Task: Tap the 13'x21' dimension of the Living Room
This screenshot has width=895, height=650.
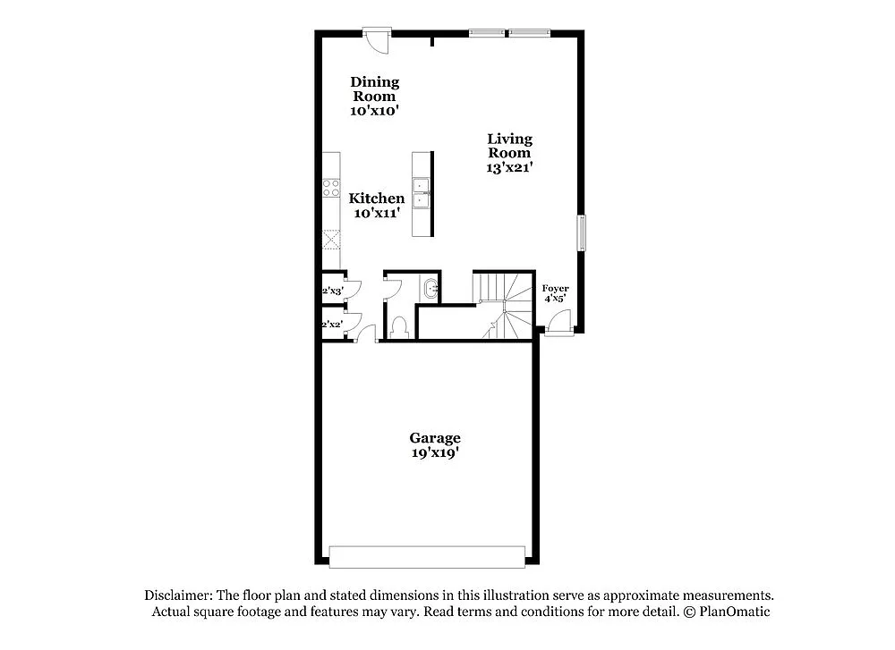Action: pyautogui.click(x=510, y=167)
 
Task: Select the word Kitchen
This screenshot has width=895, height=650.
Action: pyautogui.click(x=377, y=198)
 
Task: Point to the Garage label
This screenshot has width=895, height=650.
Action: pyautogui.click(x=435, y=438)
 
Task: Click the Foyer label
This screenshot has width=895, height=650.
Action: pyautogui.click(x=555, y=288)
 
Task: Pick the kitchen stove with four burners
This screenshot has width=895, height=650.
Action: pyautogui.click(x=331, y=188)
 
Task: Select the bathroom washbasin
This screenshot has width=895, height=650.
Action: pyautogui.click(x=430, y=289)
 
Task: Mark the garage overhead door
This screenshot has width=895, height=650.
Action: pyautogui.click(x=427, y=557)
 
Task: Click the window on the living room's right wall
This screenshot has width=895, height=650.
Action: pyautogui.click(x=581, y=233)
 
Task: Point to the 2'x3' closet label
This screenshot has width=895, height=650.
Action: pyautogui.click(x=333, y=291)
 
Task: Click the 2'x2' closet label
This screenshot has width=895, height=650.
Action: pyautogui.click(x=333, y=325)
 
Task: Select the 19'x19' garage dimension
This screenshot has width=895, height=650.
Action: pyautogui.click(x=435, y=453)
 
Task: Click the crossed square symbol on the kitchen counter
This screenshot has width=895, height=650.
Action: pyautogui.click(x=331, y=240)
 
